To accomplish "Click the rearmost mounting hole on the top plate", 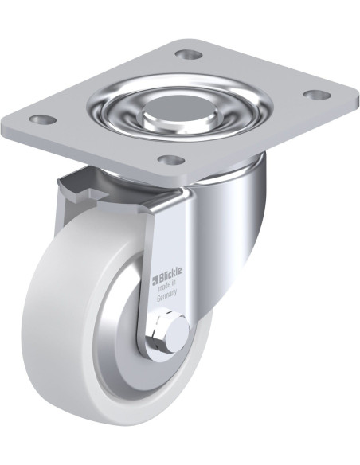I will tap(188, 55).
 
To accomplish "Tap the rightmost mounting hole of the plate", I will tap(317, 95).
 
